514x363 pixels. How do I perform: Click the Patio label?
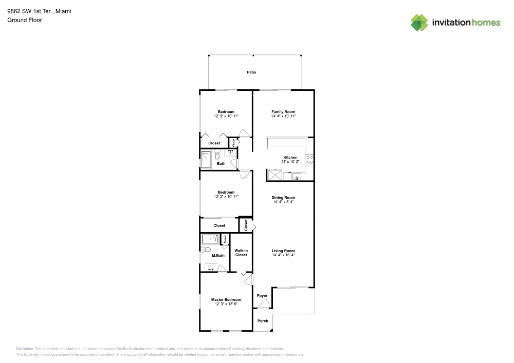click(x=251, y=72)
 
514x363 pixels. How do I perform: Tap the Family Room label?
click(x=283, y=112)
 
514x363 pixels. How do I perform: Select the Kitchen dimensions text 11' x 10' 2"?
click(x=290, y=162)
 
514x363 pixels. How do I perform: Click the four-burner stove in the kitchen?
click(x=310, y=159)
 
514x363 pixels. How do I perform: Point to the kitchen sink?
click(x=297, y=177)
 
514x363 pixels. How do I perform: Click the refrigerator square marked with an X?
click(x=274, y=176)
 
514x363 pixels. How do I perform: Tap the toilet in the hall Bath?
click(x=217, y=154)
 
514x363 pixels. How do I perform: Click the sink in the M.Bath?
click(x=211, y=268)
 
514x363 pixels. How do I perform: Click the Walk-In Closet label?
click(x=241, y=253)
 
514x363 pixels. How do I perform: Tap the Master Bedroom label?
click(x=226, y=299)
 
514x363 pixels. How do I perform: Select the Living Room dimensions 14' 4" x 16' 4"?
click(x=283, y=255)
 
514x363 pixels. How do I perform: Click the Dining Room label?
click(x=283, y=197)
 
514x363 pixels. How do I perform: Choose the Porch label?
click(x=263, y=321)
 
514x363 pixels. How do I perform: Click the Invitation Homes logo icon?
click(x=419, y=22)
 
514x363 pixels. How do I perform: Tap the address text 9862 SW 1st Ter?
click(x=28, y=10)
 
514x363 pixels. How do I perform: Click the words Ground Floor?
click(x=25, y=20)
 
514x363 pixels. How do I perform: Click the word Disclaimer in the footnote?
click(x=25, y=348)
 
